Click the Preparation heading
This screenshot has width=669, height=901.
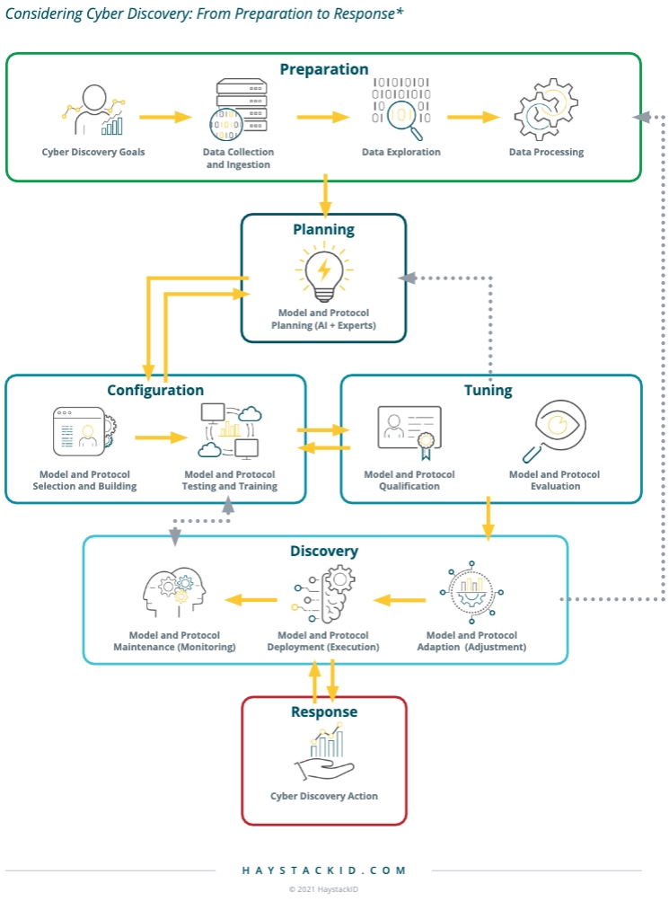coord(323,69)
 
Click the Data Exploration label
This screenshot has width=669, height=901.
coord(401,152)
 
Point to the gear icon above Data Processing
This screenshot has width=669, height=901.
coord(545,110)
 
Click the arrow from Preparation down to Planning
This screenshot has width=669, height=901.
coord(325,196)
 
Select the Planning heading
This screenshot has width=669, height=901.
coord(323,229)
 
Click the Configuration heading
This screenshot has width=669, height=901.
coord(155,390)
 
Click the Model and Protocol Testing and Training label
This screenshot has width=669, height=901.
coord(231,480)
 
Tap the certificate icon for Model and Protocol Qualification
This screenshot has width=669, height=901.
coord(409,433)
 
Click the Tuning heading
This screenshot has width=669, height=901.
coord(488,390)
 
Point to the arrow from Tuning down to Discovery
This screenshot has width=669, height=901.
coord(489,517)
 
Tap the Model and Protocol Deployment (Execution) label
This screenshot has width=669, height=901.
coord(323,640)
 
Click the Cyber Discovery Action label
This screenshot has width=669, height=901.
coord(324,796)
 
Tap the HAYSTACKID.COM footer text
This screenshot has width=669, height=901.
coord(324,870)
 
